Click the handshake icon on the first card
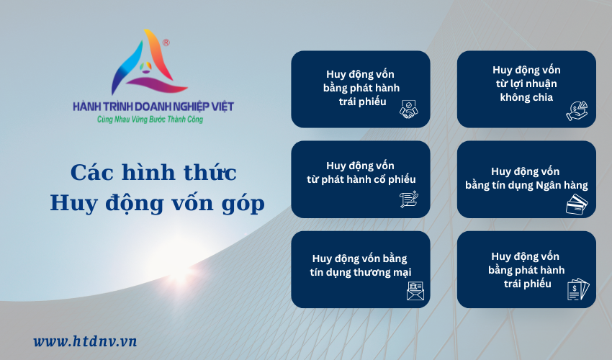[409, 109]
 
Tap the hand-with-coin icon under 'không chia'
[577, 111]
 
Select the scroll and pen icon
[409, 199]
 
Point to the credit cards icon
[577, 204]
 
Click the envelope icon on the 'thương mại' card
[415, 291]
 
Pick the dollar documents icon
[578, 289]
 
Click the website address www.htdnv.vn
[85, 341]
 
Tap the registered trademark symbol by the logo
[166, 42]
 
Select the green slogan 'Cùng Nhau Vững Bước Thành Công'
[150, 119]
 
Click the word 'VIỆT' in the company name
[222, 107]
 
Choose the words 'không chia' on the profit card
[526, 97]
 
